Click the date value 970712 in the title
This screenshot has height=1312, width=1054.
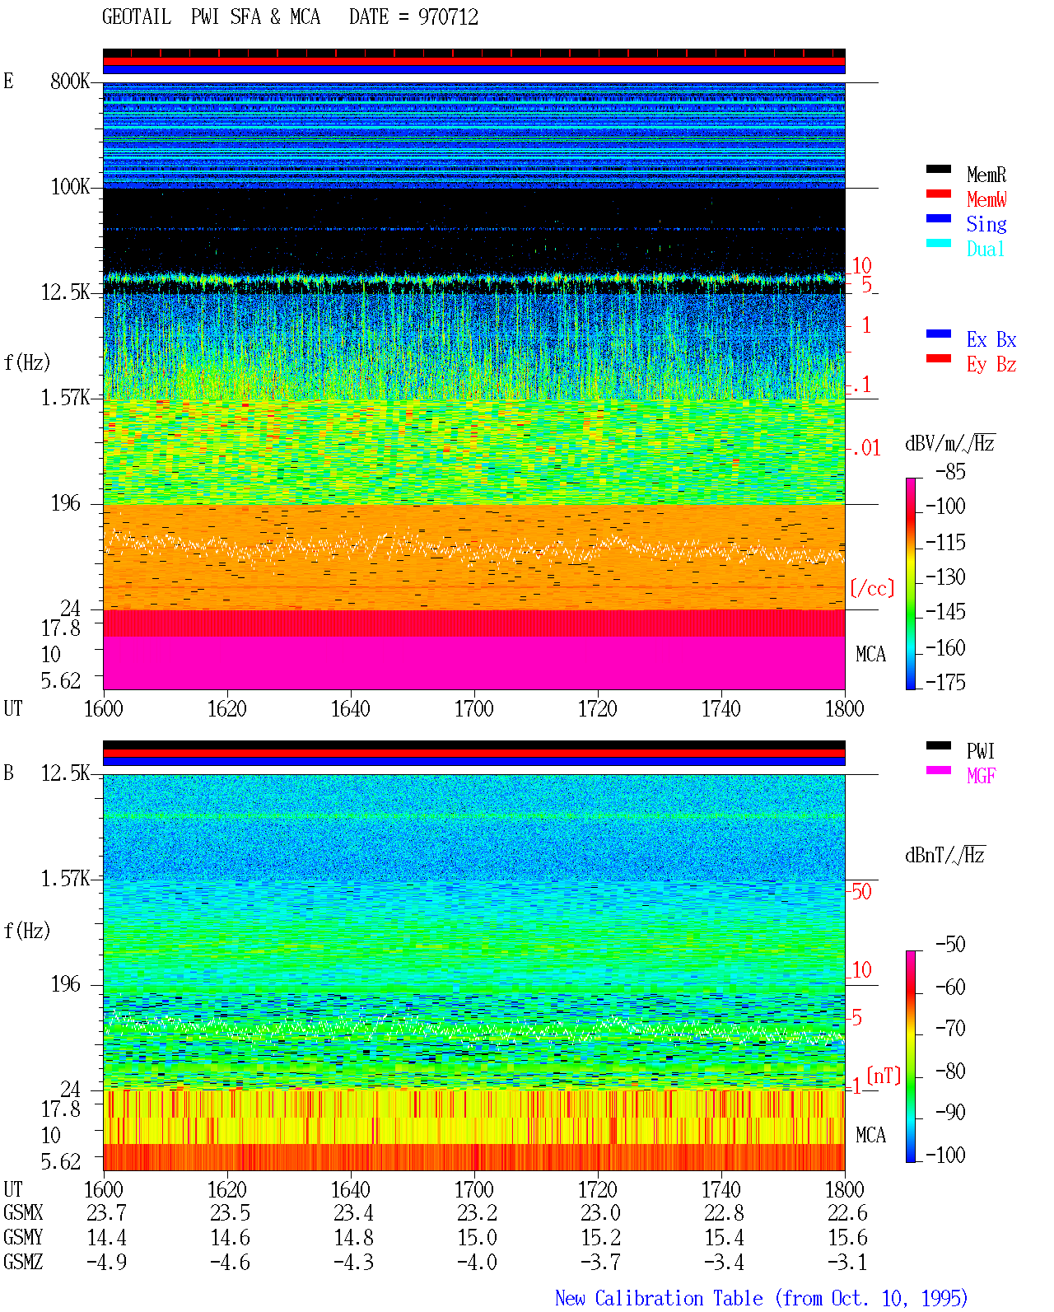tap(448, 17)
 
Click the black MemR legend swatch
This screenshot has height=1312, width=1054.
tap(938, 169)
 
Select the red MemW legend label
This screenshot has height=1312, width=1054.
tap(986, 199)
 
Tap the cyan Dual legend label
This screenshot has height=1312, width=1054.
tap(985, 249)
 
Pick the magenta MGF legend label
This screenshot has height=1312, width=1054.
tap(981, 776)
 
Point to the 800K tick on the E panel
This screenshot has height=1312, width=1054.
tap(69, 81)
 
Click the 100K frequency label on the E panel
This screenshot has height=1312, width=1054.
tap(70, 187)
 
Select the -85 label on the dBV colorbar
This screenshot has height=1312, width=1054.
tap(950, 471)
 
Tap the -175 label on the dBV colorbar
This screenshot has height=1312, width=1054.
tap(945, 682)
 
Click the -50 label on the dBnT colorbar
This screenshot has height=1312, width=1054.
tap(950, 945)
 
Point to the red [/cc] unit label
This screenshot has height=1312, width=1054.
tap(872, 588)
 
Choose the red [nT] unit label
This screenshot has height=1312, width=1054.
tap(884, 1075)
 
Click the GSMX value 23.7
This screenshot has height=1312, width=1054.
tap(107, 1213)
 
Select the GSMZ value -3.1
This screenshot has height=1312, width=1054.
tap(847, 1262)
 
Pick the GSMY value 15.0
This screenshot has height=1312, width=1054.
tap(478, 1238)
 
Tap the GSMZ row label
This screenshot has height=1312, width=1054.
tap(23, 1262)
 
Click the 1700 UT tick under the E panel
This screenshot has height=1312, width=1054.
tap(473, 708)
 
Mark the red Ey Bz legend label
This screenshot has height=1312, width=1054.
tap(991, 365)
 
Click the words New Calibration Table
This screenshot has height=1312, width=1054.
tap(659, 1299)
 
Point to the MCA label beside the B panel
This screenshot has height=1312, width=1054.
tap(870, 1135)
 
